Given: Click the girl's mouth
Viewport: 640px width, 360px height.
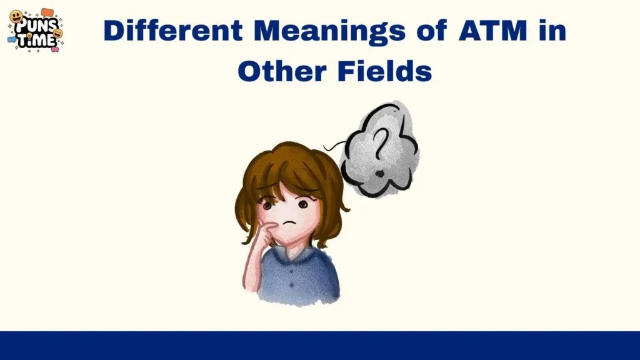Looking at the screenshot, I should pos(289,223).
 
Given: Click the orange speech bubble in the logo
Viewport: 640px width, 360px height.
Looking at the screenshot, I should pos(47,12).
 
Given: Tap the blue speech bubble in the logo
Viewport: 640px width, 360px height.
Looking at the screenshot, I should pos(11,39).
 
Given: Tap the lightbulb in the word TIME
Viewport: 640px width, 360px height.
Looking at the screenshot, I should pos(29,41).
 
